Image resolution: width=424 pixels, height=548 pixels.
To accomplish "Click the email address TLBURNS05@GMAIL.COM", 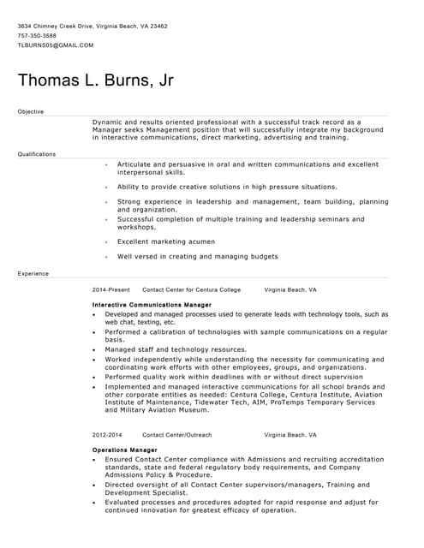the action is [x=55, y=45].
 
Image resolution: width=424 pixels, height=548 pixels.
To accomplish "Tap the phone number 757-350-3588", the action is [x=37, y=35].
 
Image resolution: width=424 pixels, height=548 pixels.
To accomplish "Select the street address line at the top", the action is [x=93, y=26].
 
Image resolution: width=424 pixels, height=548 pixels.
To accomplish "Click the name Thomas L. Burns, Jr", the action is [x=95, y=80].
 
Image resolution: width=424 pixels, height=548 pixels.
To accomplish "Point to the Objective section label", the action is [x=30, y=111].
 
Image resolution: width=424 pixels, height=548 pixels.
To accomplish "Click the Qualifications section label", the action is [x=36, y=154].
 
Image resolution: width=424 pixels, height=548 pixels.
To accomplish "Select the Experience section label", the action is [x=33, y=273].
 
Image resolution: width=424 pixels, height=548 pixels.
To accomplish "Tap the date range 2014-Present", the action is [x=111, y=289].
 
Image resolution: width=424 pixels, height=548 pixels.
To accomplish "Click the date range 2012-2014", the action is [x=107, y=435].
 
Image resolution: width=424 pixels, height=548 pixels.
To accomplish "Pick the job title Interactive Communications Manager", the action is [x=152, y=305].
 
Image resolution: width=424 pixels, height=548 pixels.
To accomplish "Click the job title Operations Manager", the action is [x=124, y=450].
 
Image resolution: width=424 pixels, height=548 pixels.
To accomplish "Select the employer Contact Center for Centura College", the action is [x=191, y=289].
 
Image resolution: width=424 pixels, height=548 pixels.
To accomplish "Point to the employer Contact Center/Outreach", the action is [x=176, y=435].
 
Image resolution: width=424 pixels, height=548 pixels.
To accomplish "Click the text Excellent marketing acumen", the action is [x=166, y=241].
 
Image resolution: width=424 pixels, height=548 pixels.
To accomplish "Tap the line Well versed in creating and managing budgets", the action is [x=197, y=256].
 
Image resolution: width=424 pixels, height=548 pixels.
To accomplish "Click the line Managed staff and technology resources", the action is [x=176, y=349].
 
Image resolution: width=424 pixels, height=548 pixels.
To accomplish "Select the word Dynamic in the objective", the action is [x=107, y=122].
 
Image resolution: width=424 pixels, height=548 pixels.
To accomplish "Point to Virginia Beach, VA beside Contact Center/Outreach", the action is [x=290, y=435].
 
